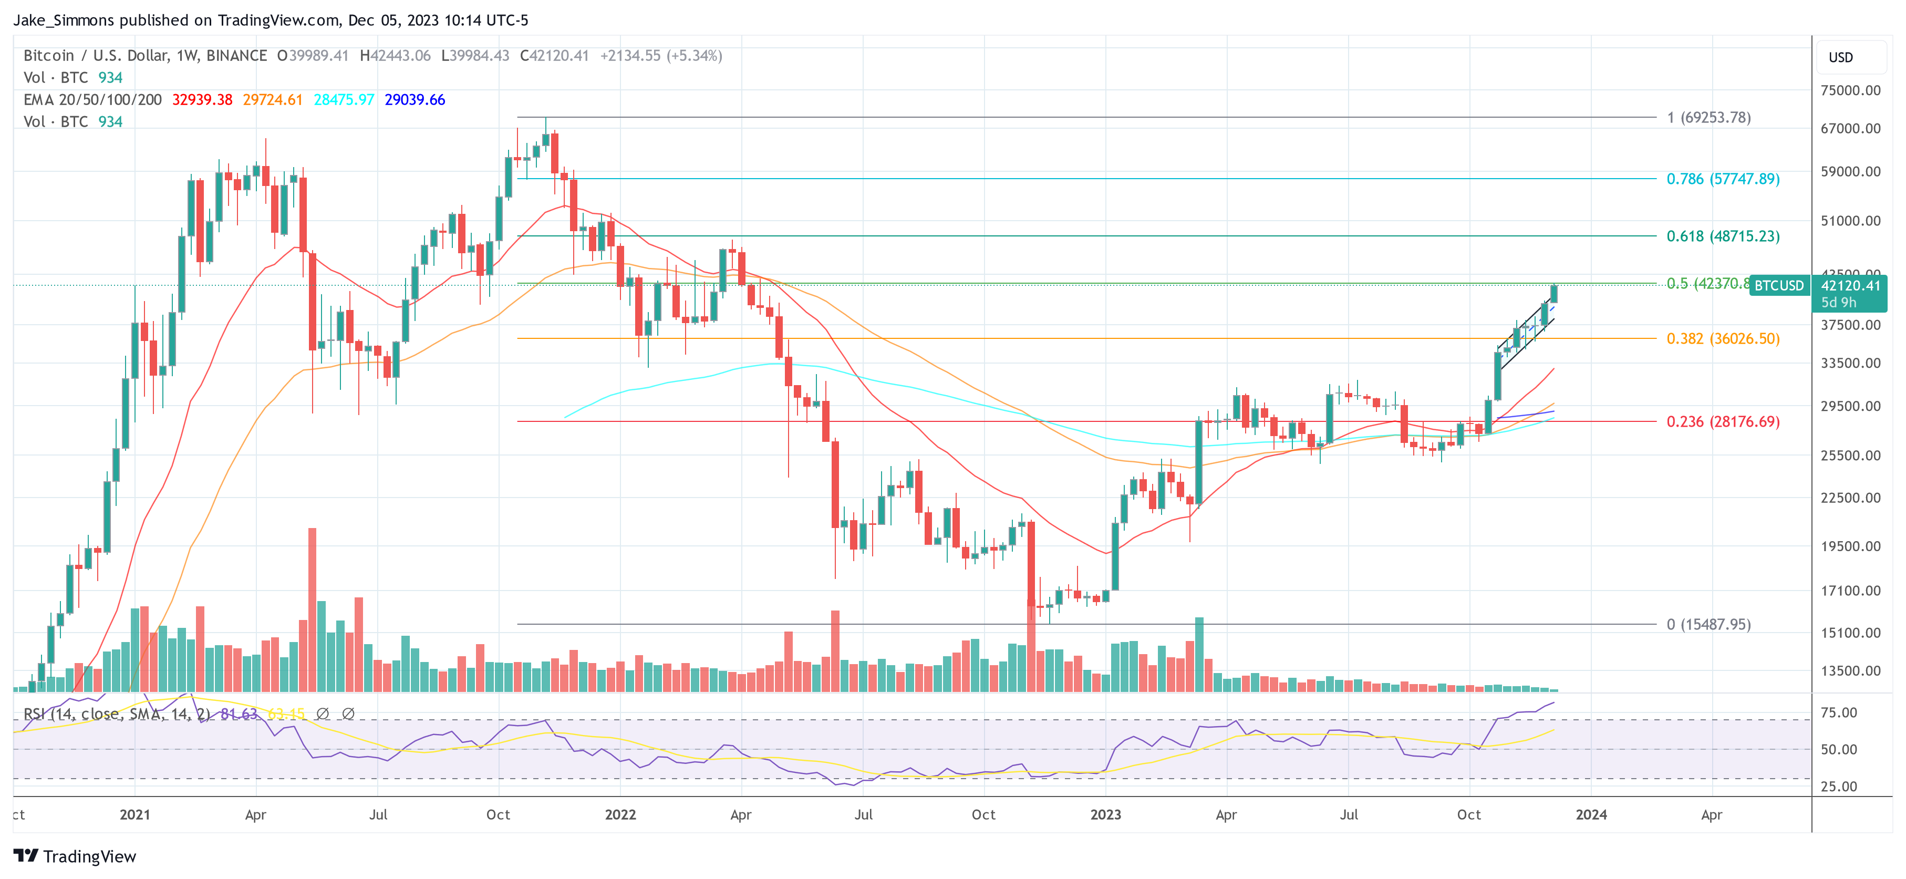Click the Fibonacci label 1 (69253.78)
click(1708, 117)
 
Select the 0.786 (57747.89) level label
click(1723, 179)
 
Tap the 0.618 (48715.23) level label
click(1723, 236)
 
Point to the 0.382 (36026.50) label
click(1723, 338)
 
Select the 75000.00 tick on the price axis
click(1850, 90)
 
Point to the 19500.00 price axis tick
click(1850, 546)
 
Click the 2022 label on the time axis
click(620, 814)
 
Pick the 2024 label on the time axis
click(1591, 814)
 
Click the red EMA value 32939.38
click(202, 100)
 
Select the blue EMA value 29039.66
click(415, 100)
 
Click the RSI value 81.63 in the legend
click(239, 714)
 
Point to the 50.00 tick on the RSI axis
click(1839, 750)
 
